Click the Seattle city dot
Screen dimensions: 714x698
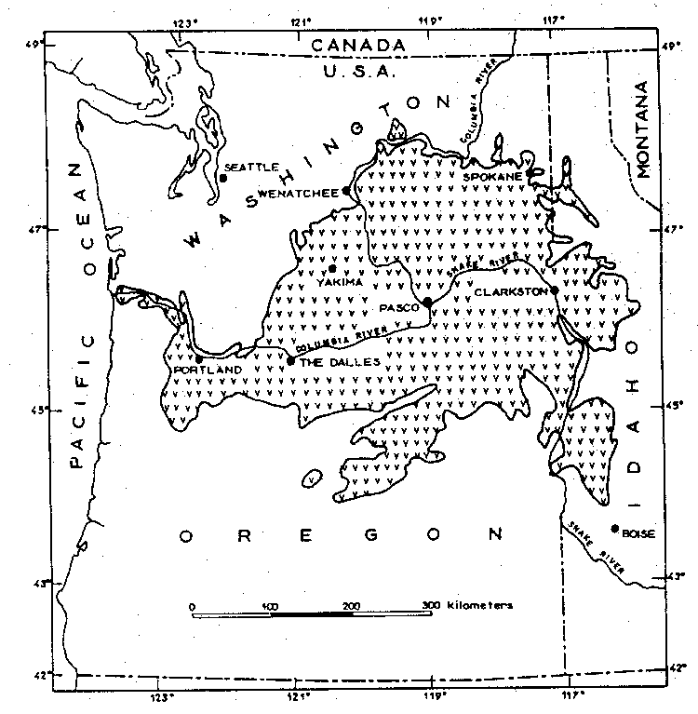(223, 177)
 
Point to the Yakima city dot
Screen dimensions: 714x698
(331, 268)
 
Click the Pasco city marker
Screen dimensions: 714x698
(427, 301)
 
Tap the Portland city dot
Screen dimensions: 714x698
(199, 358)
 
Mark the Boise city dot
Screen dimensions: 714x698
(614, 528)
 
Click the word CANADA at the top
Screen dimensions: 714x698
(359, 45)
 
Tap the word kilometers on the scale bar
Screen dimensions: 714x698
(480, 605)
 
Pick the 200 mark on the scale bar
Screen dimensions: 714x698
(351, 606)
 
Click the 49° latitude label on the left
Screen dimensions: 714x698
(38, 45)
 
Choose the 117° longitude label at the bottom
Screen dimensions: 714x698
(570, 699)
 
